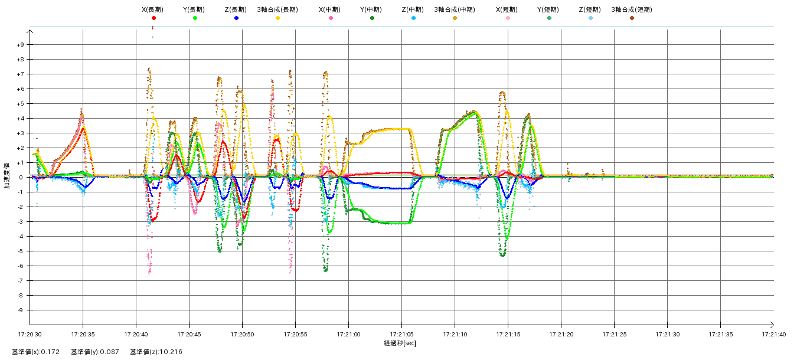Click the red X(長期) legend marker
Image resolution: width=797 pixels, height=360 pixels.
[153, 18]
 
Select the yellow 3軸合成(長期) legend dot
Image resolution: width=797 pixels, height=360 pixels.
[277, 18]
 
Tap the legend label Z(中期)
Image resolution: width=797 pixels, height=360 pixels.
[413, 10]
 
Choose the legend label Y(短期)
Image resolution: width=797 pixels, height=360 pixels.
[549, 10]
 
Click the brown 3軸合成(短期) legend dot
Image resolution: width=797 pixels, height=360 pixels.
[632, 18]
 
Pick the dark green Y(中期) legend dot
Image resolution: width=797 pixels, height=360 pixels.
[372, 18]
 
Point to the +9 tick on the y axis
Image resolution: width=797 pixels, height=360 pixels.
[20, 45]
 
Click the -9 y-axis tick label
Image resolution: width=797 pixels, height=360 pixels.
[21, 310]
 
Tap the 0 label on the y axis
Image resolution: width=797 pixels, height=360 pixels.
[22, 178]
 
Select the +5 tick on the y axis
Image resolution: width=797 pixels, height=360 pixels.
[20, 104]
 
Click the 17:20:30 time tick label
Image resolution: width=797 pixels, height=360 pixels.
[30, 334]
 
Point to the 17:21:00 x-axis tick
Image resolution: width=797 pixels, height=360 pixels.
[349, 334]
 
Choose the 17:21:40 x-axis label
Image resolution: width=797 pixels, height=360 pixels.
[773, 334]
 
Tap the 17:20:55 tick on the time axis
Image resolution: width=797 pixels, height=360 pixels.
[296, 334]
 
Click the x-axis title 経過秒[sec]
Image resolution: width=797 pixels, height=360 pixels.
[400, 343]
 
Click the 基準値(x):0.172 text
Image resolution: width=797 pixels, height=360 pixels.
[36, 352]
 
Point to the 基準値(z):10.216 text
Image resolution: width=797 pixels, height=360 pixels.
[156, 352]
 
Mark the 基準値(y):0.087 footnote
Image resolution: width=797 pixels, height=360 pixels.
[95, 352]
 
